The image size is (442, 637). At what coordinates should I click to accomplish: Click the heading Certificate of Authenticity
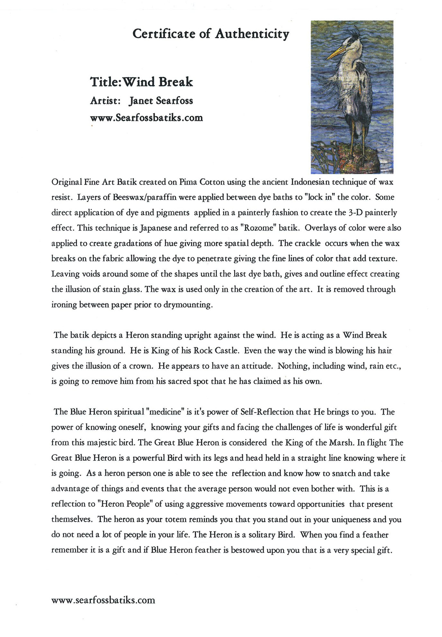211,34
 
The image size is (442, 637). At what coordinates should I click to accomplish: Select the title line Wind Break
141,82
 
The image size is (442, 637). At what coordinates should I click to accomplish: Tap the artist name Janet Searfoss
161,101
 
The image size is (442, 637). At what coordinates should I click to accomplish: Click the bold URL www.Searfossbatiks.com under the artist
147,118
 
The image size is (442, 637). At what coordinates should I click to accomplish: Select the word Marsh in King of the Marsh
342,443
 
